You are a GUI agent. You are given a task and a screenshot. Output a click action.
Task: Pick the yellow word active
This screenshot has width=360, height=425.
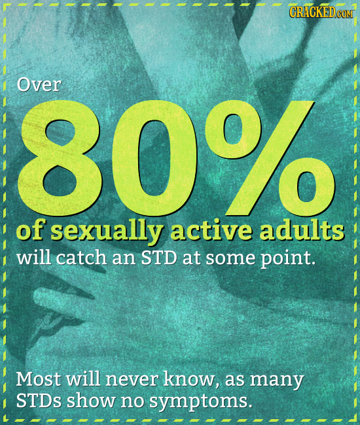[208, 230]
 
